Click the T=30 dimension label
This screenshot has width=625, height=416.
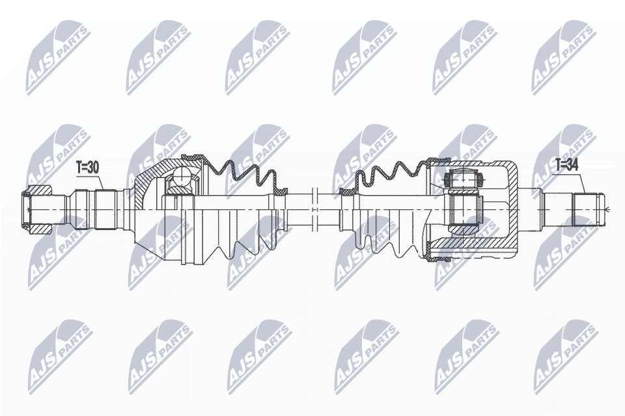point(87,167)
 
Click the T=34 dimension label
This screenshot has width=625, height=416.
point(566,165)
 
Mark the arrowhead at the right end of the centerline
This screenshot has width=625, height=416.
point(606,209)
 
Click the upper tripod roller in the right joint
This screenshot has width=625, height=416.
point(464,177)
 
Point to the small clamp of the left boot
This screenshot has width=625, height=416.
point(282,191)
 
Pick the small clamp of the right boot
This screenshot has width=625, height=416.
point(347,192)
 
